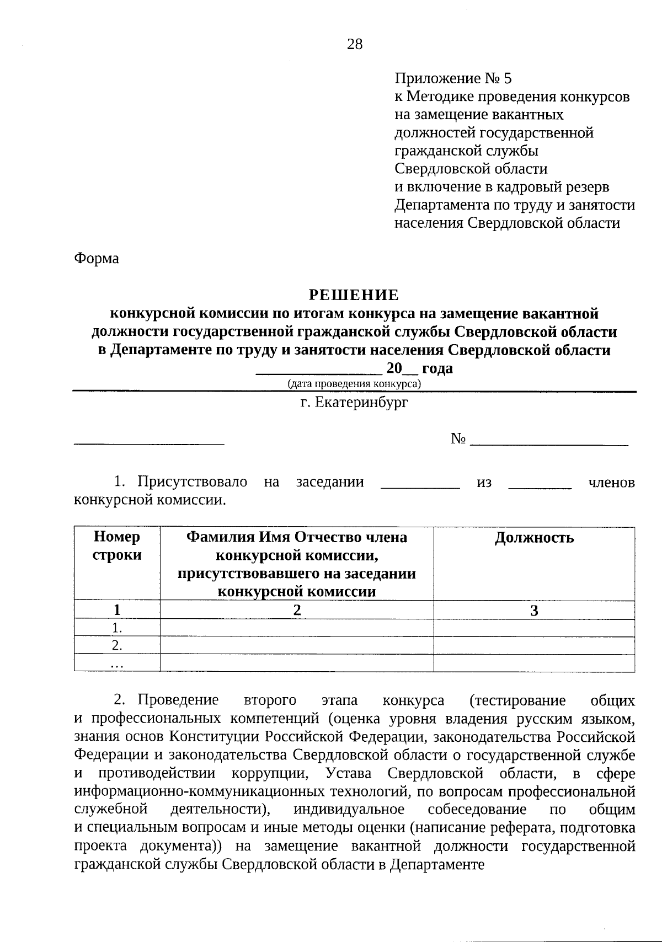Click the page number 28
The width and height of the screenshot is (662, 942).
click(x=355, y=45)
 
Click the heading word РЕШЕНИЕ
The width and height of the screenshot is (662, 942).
click(x=354, y=295)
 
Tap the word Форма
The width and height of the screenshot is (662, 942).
click(x=97, y=258)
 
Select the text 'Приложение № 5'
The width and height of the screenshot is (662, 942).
click(x=453, y=78)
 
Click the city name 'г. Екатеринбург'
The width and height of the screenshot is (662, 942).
click(x=354, y=403)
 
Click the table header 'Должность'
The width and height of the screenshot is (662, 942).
click(x=533, y=538)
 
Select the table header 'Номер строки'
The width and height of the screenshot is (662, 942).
click(x=117, y=546)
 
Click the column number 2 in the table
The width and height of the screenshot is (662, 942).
click(x=297, y=610)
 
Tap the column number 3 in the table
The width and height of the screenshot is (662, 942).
click(x=533, y=610)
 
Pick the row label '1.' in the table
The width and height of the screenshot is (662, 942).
click(x=117, y=628)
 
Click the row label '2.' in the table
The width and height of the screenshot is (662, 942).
click(x=117, y=645)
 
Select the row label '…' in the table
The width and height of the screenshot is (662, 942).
click(x=117, y=664)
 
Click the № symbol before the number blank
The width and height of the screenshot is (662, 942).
click(x=458, y=439)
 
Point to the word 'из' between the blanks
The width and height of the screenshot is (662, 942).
click(x=484, y=483)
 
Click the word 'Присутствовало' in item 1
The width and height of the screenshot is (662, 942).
click(x=192, y=482)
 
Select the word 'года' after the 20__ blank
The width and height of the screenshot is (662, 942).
click(x=437, y=368)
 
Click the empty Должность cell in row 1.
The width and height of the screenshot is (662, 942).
click(x=533, y=628)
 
